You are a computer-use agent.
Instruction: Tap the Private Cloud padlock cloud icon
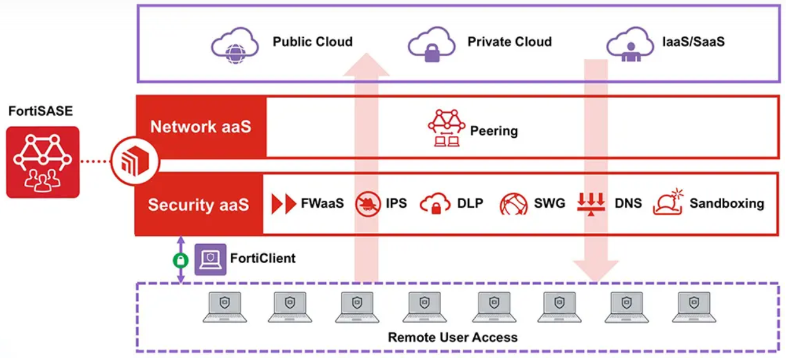tap(431, 45)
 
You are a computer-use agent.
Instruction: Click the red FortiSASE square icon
tap(43, 162)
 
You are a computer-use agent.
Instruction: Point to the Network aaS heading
tap(201, 127)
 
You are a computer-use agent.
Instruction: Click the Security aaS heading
tap(198, 205)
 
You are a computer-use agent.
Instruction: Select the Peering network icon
tap(446, 128)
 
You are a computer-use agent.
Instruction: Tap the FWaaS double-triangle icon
tap(284, 204)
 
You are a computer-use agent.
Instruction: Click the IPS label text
tap(396, 204)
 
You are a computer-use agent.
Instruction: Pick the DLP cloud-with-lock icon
tap(435, 204)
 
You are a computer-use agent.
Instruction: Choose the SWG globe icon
tap(514, 205)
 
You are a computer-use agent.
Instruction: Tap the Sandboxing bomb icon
tap(668, 203)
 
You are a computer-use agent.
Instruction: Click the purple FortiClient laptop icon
tap(210, 259)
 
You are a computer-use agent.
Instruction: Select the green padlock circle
tap(181, 259)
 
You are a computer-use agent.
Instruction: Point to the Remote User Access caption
tap(452, 337)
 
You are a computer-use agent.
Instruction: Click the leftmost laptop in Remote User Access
tap(222, 307)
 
